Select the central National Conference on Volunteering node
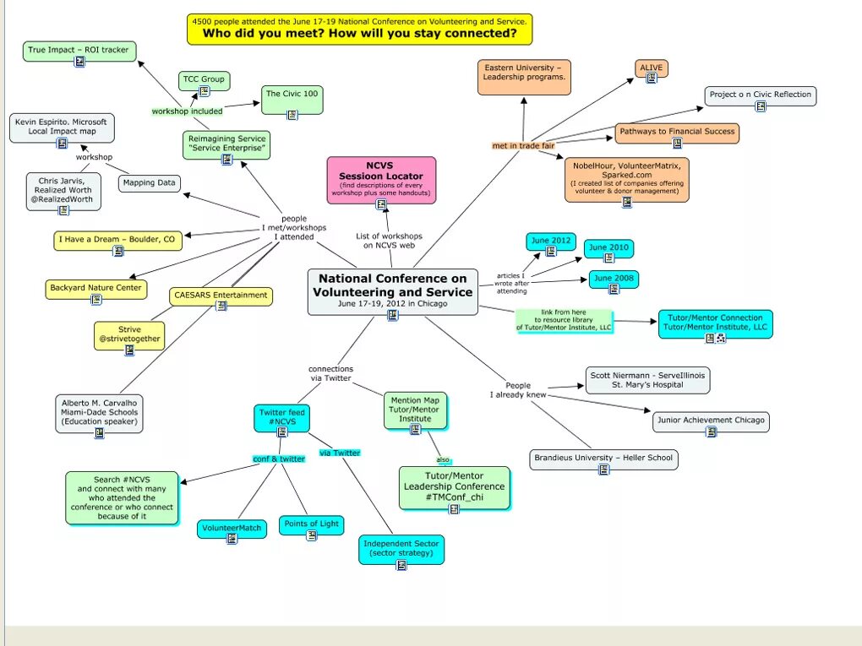point(392,289)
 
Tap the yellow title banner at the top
point(359,29)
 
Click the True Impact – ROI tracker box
point(79,50)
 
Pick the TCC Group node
point(204,79)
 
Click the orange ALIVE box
point(651,68)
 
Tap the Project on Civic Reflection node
point(760,95)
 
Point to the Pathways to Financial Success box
point(676,132)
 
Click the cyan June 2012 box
point(550,242)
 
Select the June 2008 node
point(614,279)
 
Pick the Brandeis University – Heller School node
point(603,459)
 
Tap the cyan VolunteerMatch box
point(232,529)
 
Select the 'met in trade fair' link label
point(523,145)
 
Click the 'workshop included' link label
point(187,111)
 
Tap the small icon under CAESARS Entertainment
point(221,306)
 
